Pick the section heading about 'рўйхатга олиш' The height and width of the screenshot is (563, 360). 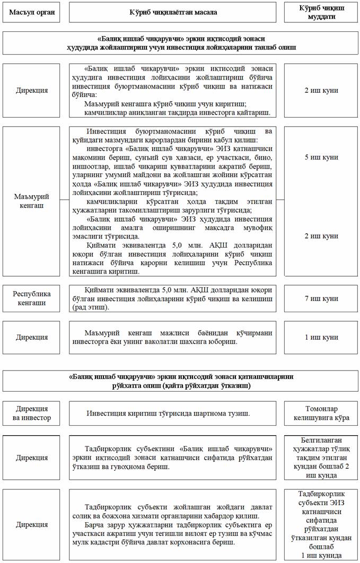pos(180,381)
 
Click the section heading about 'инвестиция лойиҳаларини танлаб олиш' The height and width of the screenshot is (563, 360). pos(180,43)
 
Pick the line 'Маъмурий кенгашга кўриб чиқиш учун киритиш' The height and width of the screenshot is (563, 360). pos(170,104)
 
